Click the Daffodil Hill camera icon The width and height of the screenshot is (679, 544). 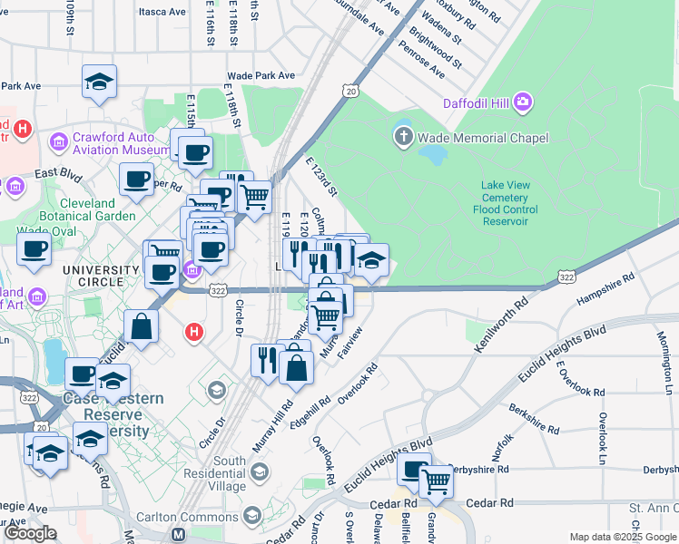coord(522,102)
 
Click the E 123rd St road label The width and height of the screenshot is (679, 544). coord(321,176)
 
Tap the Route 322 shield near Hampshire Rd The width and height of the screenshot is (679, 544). coord(566,276)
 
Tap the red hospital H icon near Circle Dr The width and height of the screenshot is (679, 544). coord(192,333)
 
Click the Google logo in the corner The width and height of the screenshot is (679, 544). coord(30,533)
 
